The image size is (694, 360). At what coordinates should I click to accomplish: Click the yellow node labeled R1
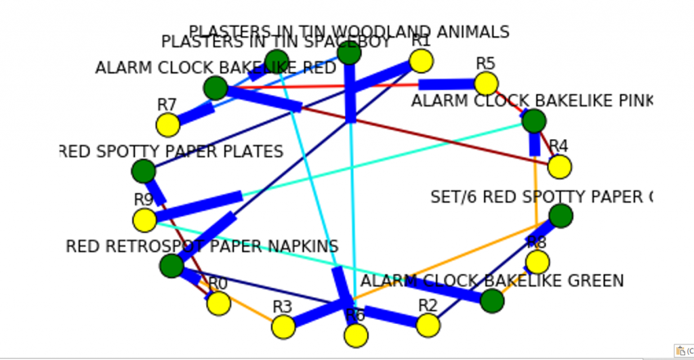[421, 62]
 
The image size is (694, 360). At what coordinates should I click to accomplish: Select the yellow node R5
[486, 83]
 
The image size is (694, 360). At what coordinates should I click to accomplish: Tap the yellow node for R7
[167, 125]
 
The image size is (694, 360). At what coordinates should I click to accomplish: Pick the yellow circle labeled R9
[144, 220]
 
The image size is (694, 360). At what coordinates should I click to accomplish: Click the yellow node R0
[218, 303]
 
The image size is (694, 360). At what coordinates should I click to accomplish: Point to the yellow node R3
[283, 327]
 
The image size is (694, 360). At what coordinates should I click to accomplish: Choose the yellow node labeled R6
[356, 335]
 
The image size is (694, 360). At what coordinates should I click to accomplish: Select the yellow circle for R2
[428, 325]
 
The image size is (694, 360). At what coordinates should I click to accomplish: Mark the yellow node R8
[537, 262]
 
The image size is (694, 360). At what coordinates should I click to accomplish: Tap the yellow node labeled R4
[559, 166]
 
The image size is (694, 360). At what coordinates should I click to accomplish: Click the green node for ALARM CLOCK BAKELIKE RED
[216, 87]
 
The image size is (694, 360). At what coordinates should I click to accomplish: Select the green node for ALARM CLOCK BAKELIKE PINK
[534, 121]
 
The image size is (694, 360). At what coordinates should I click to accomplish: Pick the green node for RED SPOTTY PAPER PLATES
[143, 171]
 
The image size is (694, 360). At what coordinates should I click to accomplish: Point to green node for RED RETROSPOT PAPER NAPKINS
[171, 265]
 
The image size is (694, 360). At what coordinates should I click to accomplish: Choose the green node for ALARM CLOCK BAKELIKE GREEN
[492, 300]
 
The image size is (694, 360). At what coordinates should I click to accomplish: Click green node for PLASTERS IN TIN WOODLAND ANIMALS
[349, 52]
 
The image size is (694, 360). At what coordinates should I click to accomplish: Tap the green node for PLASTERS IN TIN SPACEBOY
[277, 60]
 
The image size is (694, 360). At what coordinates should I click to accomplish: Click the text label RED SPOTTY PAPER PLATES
[171, 151]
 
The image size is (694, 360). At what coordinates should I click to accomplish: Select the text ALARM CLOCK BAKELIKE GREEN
[492, 281]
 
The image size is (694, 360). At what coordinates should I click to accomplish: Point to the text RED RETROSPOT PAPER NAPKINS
[202, 246]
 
